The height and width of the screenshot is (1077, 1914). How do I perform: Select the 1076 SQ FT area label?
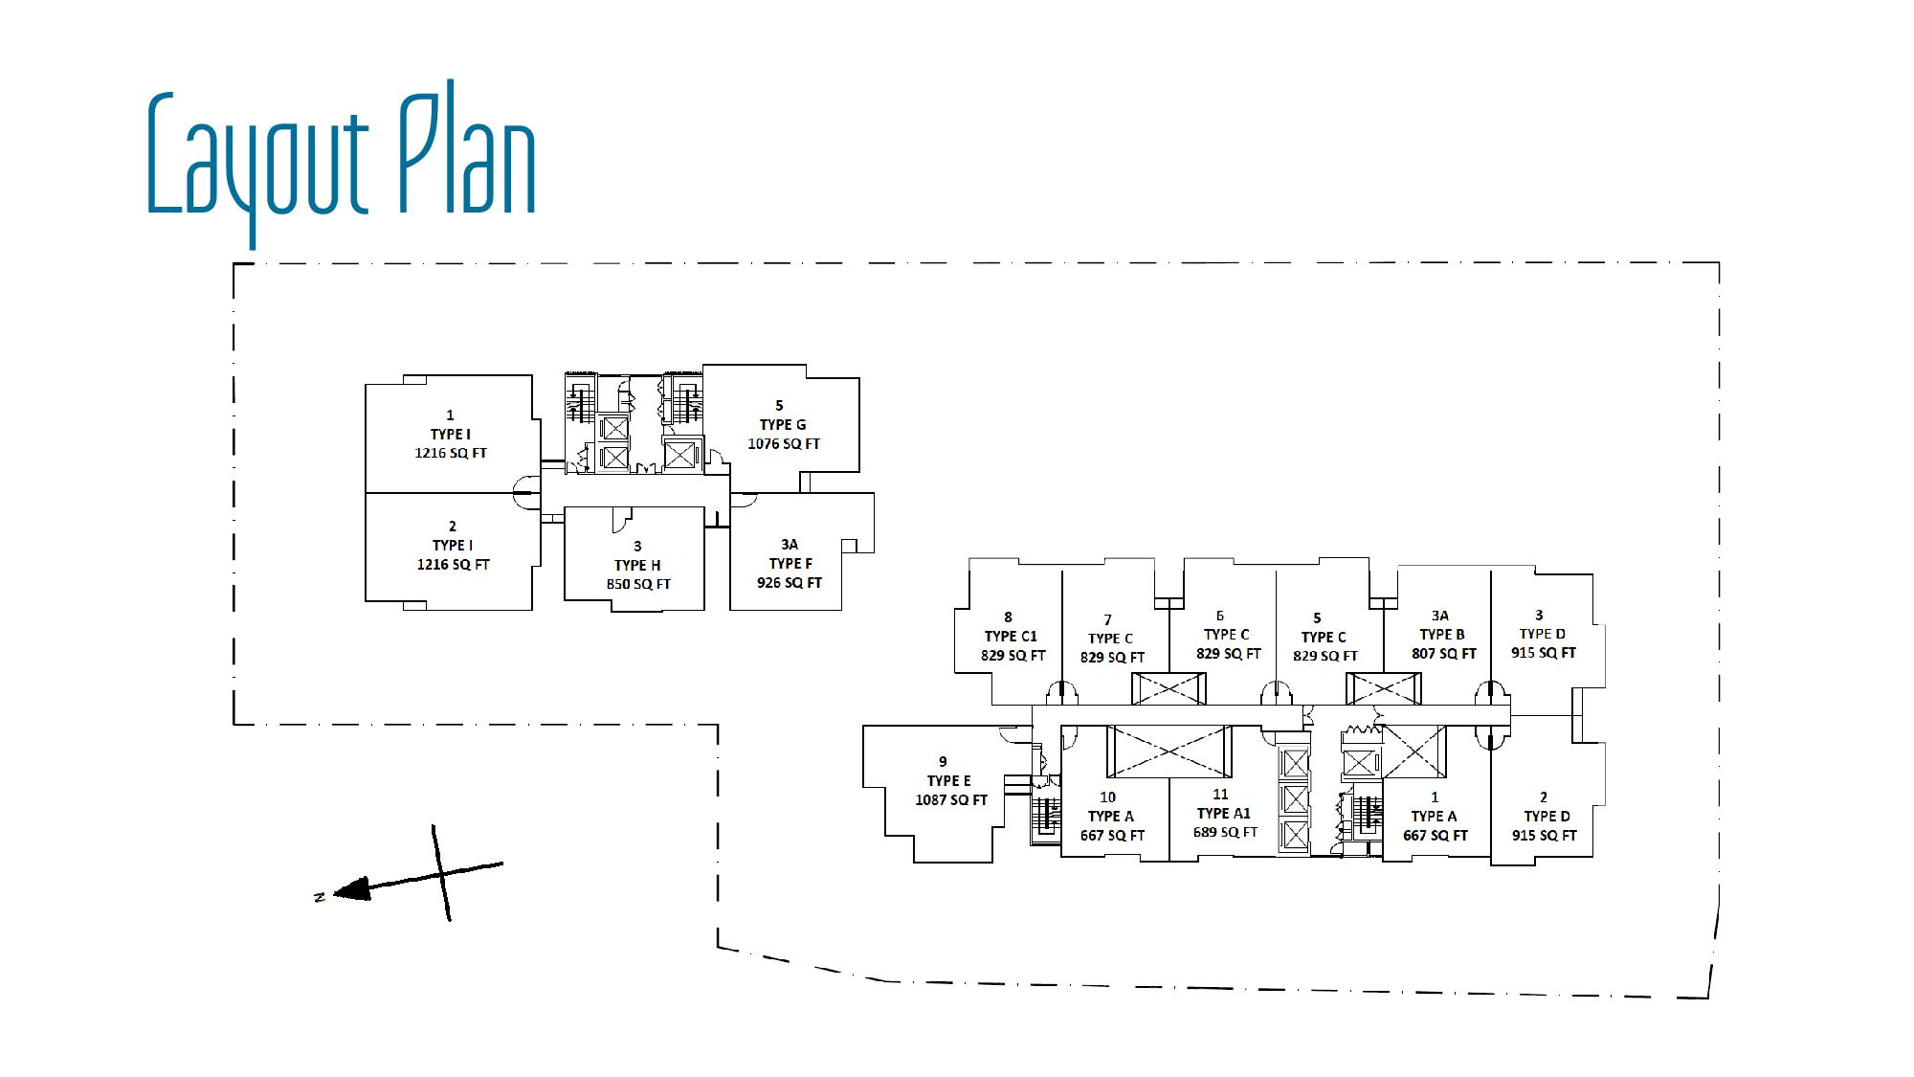click(x=784, y=444)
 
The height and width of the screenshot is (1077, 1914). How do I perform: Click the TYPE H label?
click(x=637, y=565)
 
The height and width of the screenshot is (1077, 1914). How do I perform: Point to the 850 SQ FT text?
click(x=638, y=584)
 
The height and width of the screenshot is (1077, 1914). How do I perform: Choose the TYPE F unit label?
click(x=790, y=563)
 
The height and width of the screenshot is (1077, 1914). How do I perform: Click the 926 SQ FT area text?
click(x=790, y=582)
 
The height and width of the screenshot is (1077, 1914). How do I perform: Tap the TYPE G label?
click(x=783, y=425)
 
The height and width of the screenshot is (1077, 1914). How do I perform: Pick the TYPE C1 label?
click(x=1011, y=637)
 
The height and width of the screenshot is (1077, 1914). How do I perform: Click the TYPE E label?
click(x=948, y=781)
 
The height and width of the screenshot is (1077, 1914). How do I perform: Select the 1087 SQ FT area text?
click(x=951, y=800)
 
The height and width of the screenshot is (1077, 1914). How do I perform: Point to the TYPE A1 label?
click(x=1224, y=814)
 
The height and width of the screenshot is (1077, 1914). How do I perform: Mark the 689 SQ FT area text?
click(x=1225, y=833)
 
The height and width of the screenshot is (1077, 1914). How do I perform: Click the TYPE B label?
click(x=1441, y=635)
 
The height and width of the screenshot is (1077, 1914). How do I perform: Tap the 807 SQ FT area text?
click(x=1444, y=654)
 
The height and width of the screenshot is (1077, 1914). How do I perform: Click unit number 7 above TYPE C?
click(x=1108, y=620)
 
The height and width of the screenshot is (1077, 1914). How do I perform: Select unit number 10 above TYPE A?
click(x=1107, y=797)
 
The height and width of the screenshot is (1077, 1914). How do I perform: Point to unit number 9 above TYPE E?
click(x=943, y=762)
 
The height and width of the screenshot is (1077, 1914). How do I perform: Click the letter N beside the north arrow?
click(x=320, y=896)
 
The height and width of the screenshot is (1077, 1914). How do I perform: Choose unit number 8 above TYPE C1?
click(x=1008, y=617)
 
